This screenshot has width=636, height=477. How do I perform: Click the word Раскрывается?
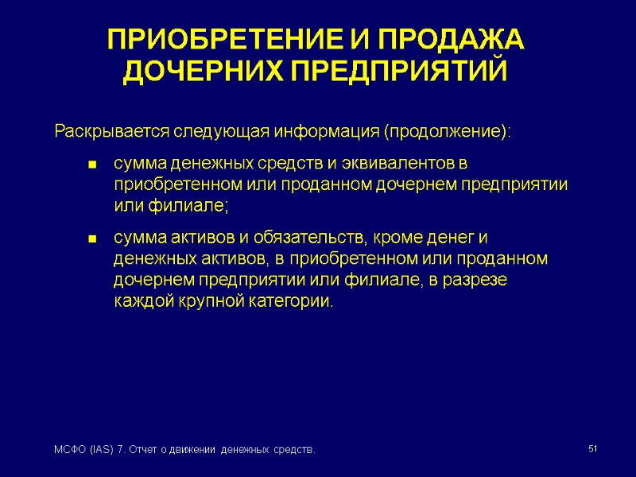click(x=111, y=130)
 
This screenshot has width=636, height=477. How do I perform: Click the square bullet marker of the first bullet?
click(x=91, y=165)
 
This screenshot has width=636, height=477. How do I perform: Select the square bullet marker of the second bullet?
click(x=91, y=238)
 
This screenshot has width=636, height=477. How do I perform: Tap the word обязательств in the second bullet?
click(x=308, y=237)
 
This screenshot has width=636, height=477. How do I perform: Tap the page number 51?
click(x=592, y=450)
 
